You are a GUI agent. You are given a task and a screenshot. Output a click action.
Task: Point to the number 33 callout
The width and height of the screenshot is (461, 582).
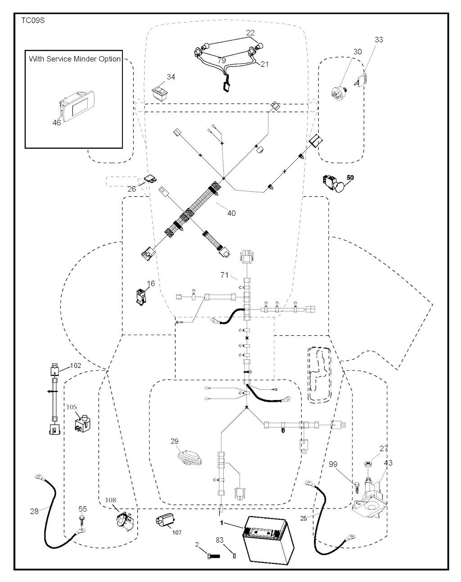coord(379,40)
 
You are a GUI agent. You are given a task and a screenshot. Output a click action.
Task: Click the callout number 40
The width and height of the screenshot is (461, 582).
coord(231,213)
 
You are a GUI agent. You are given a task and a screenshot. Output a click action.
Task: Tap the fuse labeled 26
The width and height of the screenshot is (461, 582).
coord(150,179)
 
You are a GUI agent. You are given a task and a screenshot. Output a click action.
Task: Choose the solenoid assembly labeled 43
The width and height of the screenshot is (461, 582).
coord(370,497)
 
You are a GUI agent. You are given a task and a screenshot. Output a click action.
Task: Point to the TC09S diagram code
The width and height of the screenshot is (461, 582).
coord(33,20)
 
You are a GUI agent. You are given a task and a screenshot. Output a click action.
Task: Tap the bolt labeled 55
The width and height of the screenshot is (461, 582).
coord(81,520)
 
